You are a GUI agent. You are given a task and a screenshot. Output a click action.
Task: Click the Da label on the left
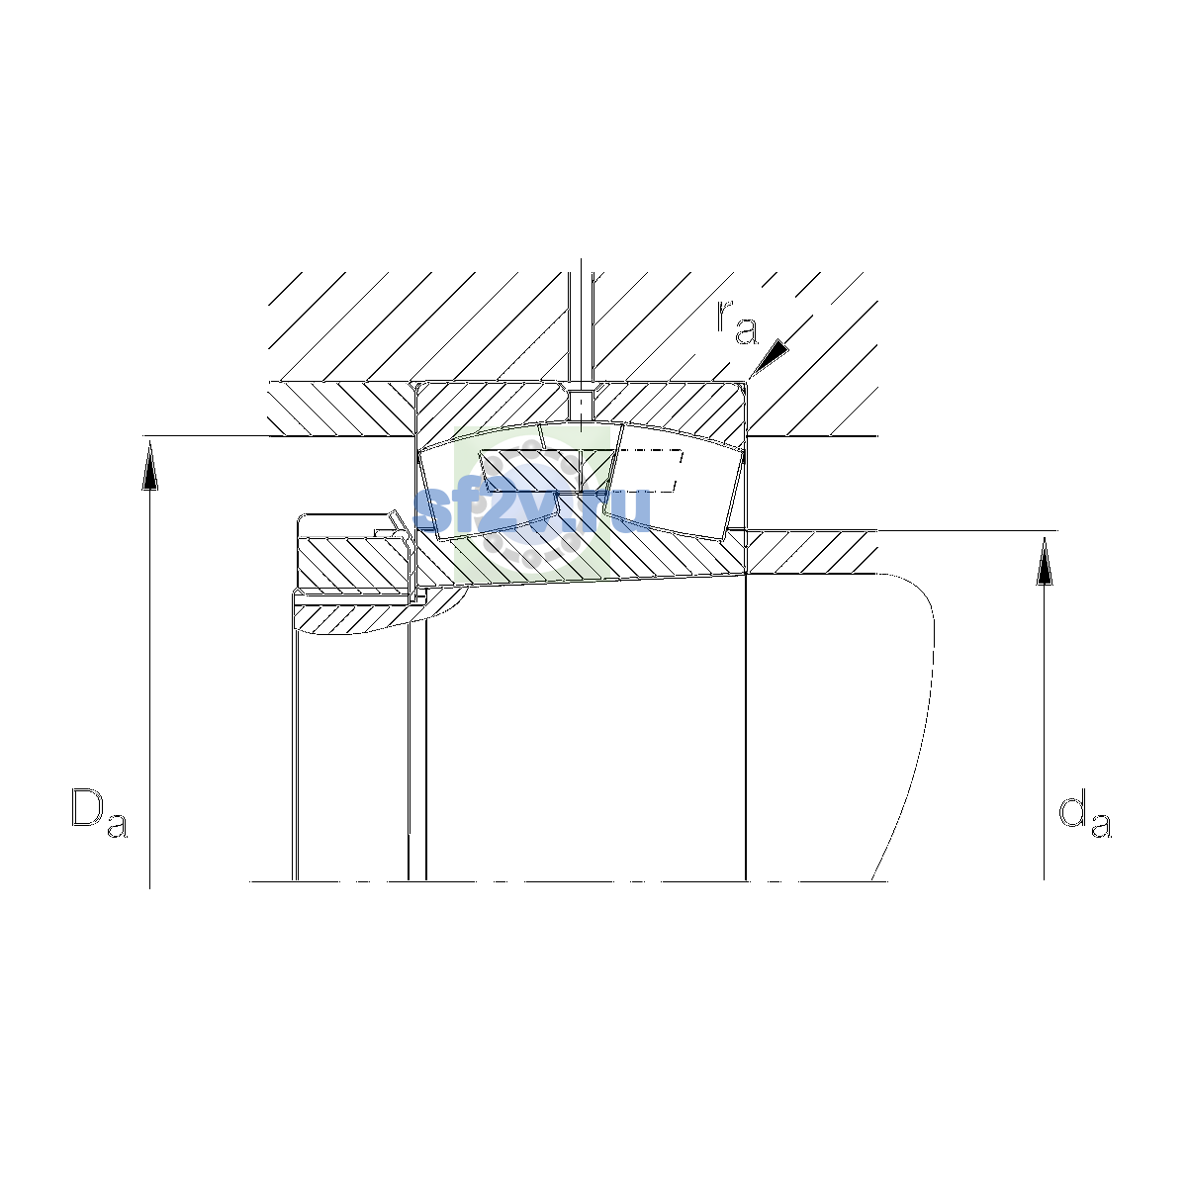(99, 812)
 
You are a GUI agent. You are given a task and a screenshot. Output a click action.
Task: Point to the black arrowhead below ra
(770, 357)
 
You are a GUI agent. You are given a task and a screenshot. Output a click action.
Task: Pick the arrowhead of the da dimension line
(1044, 560)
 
